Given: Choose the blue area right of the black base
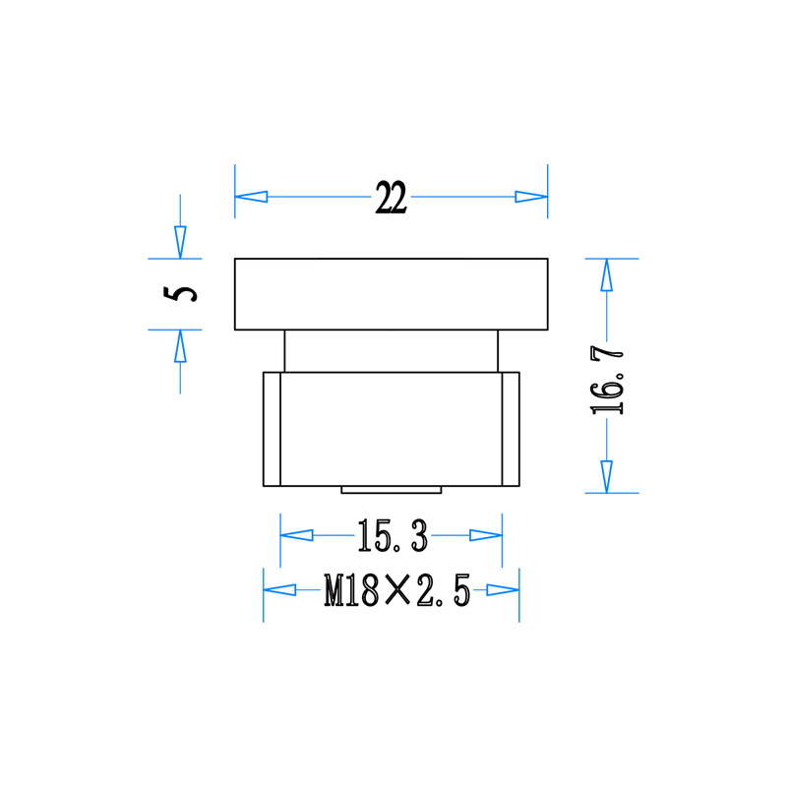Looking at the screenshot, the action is [561, 571].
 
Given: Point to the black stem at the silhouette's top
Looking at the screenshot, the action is [393, 187].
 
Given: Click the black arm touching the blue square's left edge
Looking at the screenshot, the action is [172, 292].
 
